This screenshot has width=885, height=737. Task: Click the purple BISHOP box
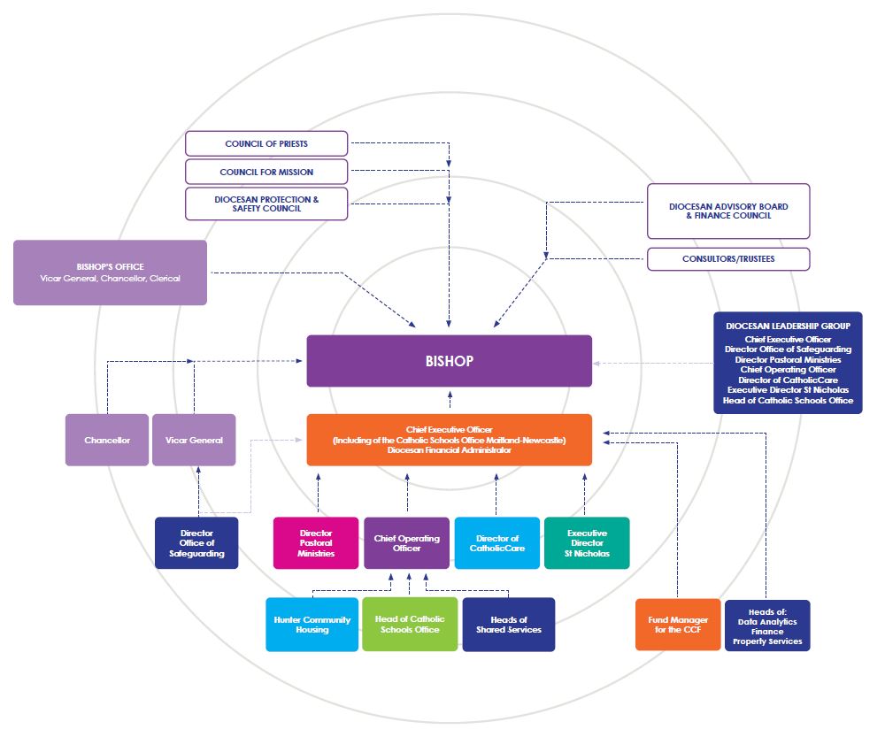pos(450,361)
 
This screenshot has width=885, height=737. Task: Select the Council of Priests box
pos(266,144)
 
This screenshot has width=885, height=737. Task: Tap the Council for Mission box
pos(266,173)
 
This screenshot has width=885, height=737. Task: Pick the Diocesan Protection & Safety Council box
pos(266,203)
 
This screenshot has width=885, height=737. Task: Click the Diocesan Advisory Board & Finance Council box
pos(728,211)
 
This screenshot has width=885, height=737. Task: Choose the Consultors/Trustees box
pos(728,259)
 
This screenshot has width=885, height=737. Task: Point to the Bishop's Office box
pos(110,273)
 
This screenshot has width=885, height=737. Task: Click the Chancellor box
pos(107,441)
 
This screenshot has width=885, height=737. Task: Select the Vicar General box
pos(194,441)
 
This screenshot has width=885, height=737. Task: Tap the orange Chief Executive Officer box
pos(450,441)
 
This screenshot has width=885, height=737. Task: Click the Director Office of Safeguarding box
pos(196,543)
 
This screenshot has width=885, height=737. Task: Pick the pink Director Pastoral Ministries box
pos(316,543)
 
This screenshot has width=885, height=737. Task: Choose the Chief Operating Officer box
pos(407,543)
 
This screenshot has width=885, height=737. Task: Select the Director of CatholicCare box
pos(497,543)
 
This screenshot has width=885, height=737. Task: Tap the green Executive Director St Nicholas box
pos(587,543)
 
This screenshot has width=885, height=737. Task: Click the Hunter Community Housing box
pos(312,625)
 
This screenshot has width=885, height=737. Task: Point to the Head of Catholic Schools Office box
pos(410,625)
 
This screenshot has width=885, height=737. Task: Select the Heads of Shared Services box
pos(509,625)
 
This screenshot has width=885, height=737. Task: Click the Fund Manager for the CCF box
pos(678,625)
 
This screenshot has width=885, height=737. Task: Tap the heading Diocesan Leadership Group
pos(788,326)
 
